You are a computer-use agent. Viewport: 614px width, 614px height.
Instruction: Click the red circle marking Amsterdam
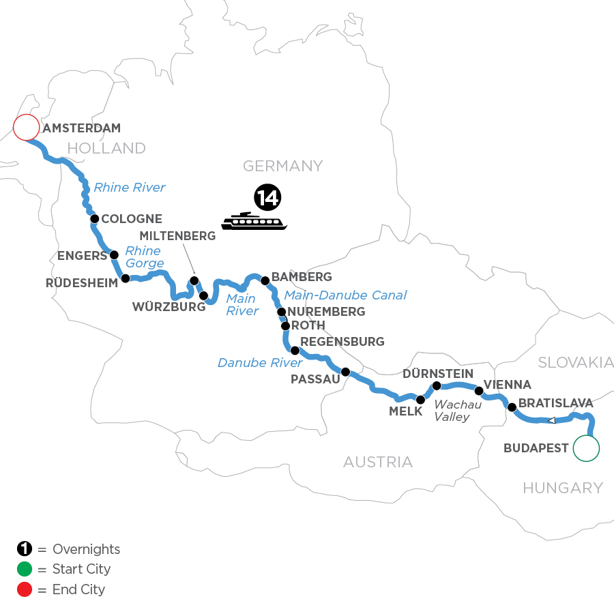[x=26, y=127]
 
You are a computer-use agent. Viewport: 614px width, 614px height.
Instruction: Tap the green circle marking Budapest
[x=586, y=448]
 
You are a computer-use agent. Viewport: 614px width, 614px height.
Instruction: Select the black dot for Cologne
[x=95, y=219]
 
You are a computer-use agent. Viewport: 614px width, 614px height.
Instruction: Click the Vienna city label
[x=507, y=385]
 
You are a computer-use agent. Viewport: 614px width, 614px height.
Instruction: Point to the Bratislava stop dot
[x=511, y=407]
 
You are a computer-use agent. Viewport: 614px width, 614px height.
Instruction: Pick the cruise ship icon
[x=254, y=221]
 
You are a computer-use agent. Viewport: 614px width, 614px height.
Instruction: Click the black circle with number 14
[x=267, y=197]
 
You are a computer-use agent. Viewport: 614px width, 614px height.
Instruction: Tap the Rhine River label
[x=130, y=188]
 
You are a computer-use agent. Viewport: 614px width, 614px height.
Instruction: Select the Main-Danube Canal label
[x=345, y=295]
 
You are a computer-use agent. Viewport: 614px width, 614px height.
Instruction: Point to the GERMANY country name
[x=282, y=166]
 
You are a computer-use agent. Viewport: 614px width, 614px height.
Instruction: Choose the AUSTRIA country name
[x=377, y=462]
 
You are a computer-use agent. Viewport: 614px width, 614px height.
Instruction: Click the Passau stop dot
[x=345, y=372]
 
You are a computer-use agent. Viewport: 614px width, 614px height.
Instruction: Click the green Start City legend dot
[x=24, y=569]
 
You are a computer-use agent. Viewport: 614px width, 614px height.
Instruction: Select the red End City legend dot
[x=24, y=589]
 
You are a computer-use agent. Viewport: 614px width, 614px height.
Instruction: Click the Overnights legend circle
[x=24, y=549]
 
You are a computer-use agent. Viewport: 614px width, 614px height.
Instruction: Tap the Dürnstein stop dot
[x=437, y=385]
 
